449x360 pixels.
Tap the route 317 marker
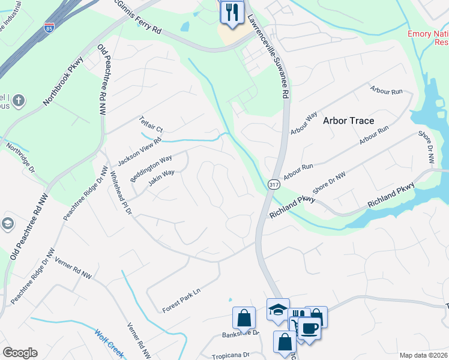coord(273,184)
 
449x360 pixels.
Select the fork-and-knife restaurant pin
coord(231,12)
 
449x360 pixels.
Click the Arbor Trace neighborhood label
coord(348,121)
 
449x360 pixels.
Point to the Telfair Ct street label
coord(151,124)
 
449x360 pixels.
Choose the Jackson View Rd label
coord(140,152)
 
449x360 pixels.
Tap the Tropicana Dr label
coord(230,355)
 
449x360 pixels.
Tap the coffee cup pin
coord(310,329)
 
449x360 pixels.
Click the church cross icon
coord(18,100)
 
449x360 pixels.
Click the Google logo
coord(20,353)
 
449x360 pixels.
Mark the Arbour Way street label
coord(304,122)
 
